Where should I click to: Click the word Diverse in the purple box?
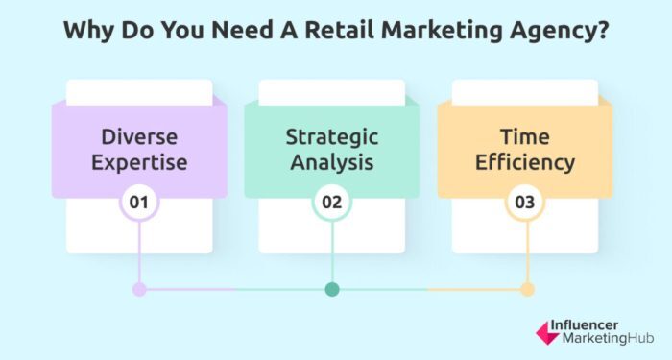pyautogui.click(x=138, y=134)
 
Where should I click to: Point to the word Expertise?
pyautogui.click(x=138, y=162)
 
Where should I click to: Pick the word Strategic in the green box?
pyautogui.click(x=332, y=134)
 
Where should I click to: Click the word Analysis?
pyautogui.click(x=332, y=162)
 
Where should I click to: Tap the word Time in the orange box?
pyautogui.click(x=525, y=134)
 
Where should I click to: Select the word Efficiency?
pyautogui.click(x=525, y=162)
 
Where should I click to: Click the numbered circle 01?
pyautogui.click(x=138, y=204)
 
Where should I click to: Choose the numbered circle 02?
pyautogui.click(x=332, y=204)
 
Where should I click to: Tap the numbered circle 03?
pyautogui.click(x=525, y=204)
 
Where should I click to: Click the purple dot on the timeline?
pyautogui.click(x=139, y=289)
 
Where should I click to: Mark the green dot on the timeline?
pyautogui.click(x=332, y=289)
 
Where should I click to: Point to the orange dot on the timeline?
pyautogui.click(x=526, y=289)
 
